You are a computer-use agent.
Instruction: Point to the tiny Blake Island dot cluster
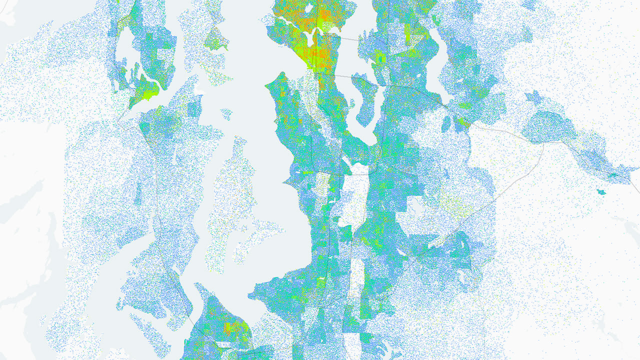coord(226,114)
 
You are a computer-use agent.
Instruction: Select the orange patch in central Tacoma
coord(230,328)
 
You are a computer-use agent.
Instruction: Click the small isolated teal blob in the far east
coord(601,192)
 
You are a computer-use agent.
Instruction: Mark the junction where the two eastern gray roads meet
coord(543,145)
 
